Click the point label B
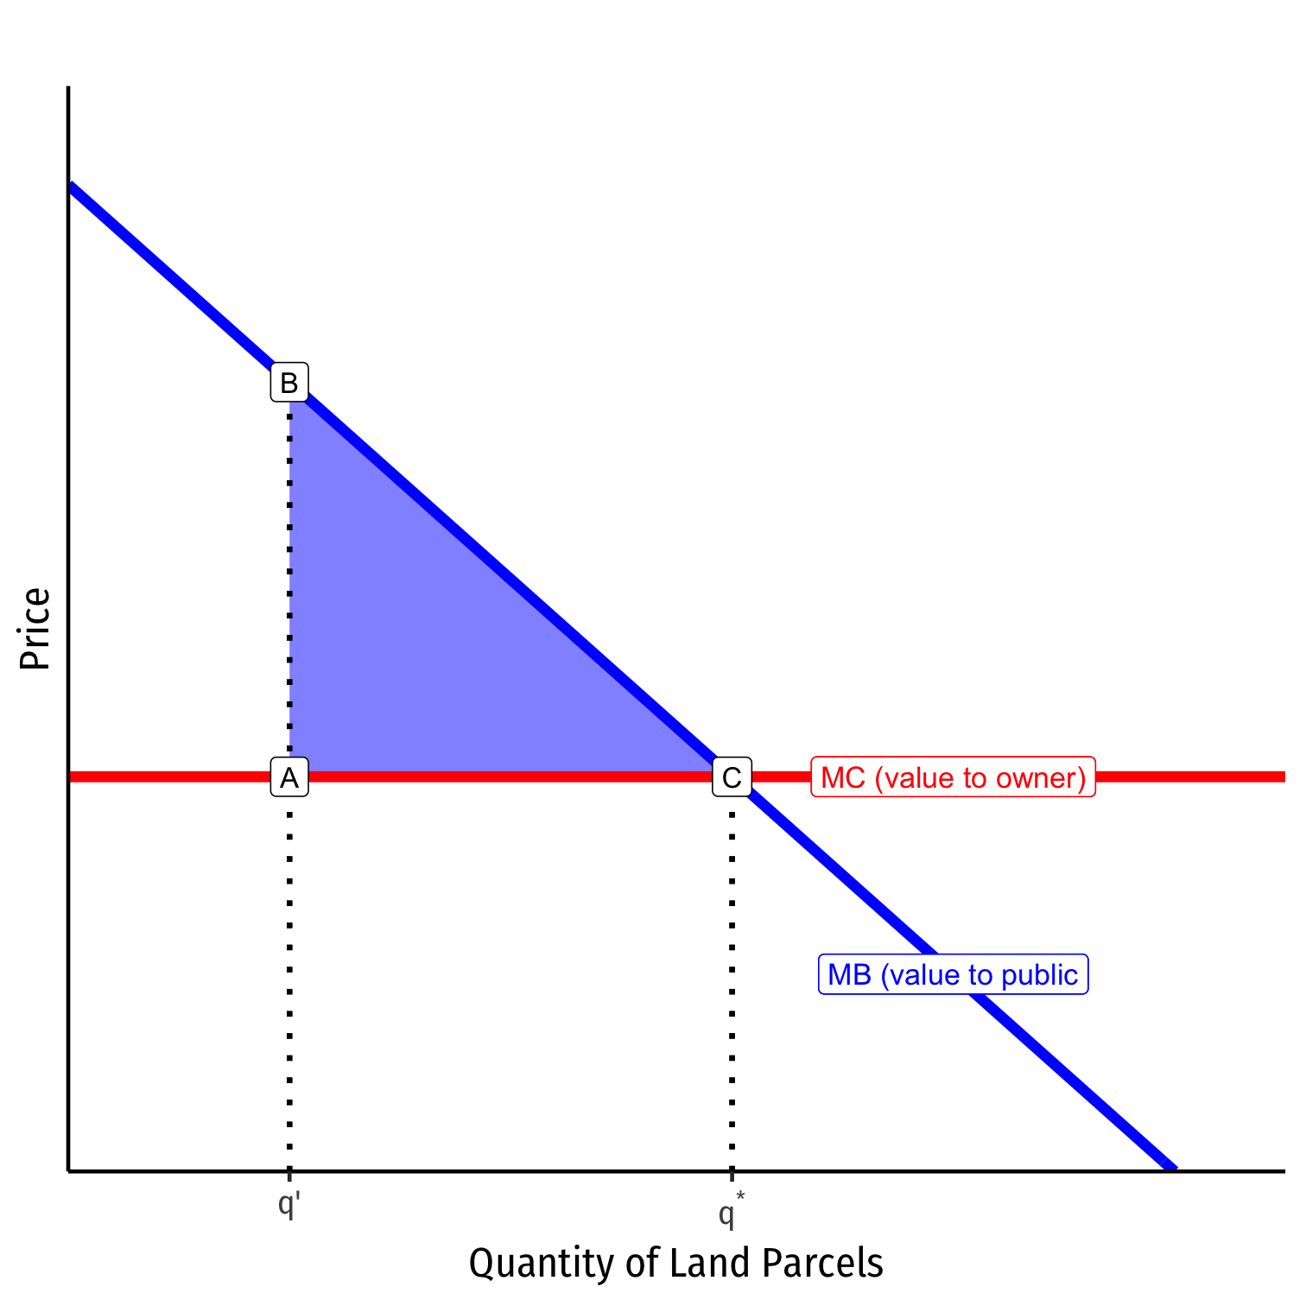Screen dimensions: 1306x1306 pyautogui.click(x=289, y=382)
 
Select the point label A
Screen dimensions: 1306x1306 pyautogui.click(x=289, y=777)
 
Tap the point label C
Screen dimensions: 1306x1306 pyautogui.click(x=732, y=777)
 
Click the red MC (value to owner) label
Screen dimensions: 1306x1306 pyautogui.click(x=953, y=777)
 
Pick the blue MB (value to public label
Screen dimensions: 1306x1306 pyautogui.click(x=953, y=974)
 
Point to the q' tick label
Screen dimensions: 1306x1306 pyautogui.click(x=288, y=1203)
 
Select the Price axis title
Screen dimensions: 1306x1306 pyautogui.click(x=35, y=628)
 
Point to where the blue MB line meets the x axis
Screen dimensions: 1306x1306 pyautogui.click(x=1170, y=1168)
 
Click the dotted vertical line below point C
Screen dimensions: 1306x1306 pyautogui.click(x=732, y=976)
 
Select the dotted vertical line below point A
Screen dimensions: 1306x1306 pyautogui.click(x=289, y=976)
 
